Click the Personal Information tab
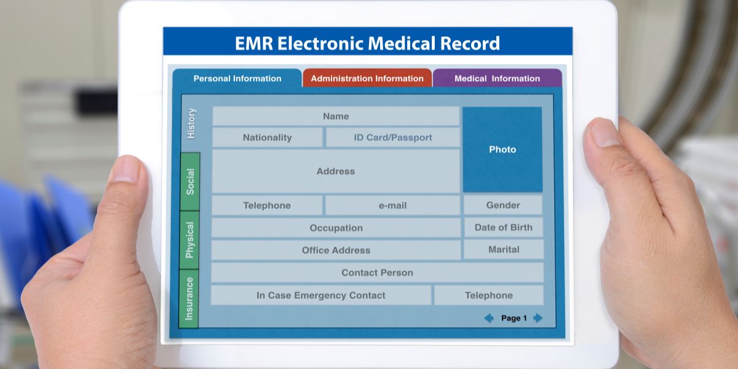(x=237, y=79)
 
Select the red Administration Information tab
(x=367, y=78)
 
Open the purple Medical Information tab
(x=497, y=78)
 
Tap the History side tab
(x=191, y=124)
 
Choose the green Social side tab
(x=190, y=181)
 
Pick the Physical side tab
(x=189, y=240)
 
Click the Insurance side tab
(x=189, y=298)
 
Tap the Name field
(x=336, y=116)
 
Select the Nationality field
(x=267, y=137)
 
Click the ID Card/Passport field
(x=393, y=137)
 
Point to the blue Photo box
(x=502, y=149)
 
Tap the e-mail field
(x=392, y=205)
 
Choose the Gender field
(x=503, y=205)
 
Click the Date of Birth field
(x=504, y=228)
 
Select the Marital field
(x=504, y=250)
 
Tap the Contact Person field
(x=377, y=272)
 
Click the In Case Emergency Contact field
(x=321, y=295)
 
